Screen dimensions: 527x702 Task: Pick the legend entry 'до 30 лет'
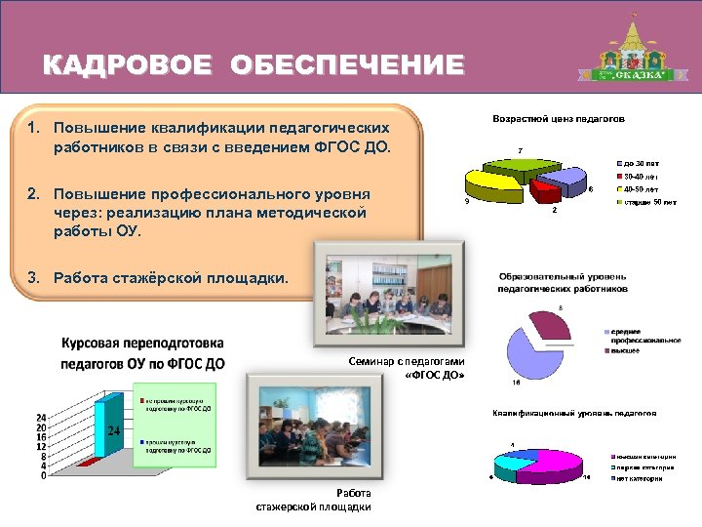point(640,162)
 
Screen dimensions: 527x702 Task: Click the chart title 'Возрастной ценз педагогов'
point(559,119)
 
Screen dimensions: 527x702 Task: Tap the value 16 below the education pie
point(516,383)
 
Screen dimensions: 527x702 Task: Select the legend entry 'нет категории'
point(642,478)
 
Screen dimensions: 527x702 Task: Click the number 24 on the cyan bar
point(113,430)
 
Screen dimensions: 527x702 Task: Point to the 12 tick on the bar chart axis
point(42,446)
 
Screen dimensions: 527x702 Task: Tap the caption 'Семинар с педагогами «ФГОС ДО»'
point(407,368)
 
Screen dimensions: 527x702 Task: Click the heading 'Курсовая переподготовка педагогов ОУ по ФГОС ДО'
point(142,353)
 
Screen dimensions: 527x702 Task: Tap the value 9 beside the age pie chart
point(467,202)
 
